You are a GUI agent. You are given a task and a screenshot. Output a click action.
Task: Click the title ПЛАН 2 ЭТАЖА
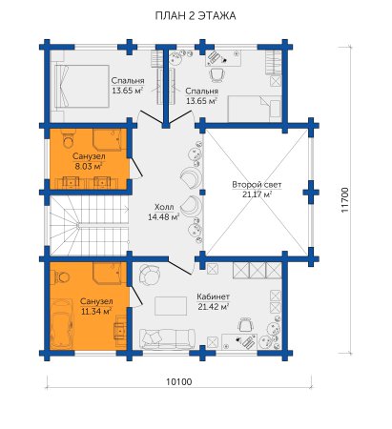point(196,15)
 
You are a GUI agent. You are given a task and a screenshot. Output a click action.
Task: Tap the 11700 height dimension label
point(344,200)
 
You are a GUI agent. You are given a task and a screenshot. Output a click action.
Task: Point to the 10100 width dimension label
point(179,381)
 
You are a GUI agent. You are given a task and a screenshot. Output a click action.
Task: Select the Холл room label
point(164,207)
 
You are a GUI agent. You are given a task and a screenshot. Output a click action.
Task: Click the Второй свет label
point(257,185)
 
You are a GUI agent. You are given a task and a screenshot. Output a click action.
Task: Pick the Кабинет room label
point(213,296)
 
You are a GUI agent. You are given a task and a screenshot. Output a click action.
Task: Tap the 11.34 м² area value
point(96,311)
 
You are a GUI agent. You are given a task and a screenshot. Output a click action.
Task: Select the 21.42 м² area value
point(214,307)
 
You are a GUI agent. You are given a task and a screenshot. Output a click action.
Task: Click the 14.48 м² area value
point(164,217)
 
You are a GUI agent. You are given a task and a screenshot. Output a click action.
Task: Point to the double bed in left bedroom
point(82,86)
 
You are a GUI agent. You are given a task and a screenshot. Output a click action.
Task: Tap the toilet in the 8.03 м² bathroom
point(68,140)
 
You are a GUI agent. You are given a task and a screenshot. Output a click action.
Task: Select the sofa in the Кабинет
point(167,338)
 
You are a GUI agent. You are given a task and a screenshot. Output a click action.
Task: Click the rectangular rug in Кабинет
point(171,306)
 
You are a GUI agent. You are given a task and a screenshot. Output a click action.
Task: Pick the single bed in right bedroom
point(255,109)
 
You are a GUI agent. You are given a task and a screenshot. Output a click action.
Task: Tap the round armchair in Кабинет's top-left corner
point(149,275)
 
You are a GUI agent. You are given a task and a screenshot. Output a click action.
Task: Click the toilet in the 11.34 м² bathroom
point(61,277)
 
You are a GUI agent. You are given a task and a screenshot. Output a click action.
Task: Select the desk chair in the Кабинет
point(245,325)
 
